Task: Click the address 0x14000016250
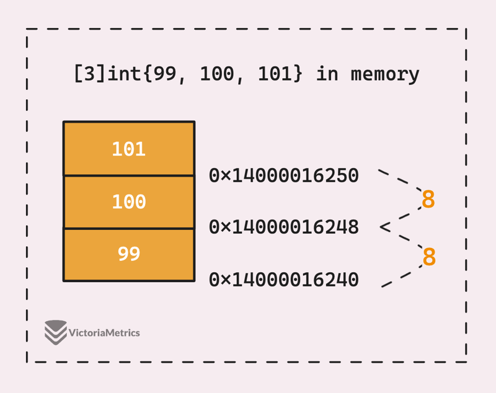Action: [284, 175]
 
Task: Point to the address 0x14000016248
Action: [284, 227]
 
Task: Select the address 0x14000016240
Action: [284, 280]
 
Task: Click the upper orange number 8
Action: [428, 200]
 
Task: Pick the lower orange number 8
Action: [428, 257]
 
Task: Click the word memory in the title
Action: [385, 74]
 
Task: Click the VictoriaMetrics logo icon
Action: [55, 332]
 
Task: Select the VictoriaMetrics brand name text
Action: [105, 333]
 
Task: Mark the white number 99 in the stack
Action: [129, 254]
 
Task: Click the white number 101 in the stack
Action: [129, 149]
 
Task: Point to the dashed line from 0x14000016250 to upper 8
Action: [400, 179]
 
